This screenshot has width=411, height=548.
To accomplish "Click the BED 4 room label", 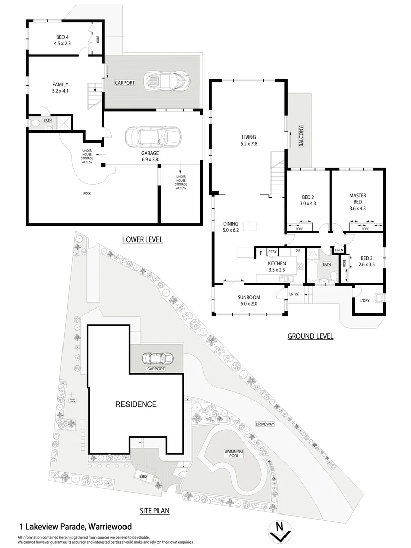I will point(62,40).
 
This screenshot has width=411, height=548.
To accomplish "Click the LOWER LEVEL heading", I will point(142,239).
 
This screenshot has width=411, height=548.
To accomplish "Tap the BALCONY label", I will point(301,136).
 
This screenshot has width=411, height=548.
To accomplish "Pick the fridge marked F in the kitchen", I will point(261,252).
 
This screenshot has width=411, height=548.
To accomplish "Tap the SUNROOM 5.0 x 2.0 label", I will point(248,301).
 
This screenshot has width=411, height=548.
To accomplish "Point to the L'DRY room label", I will point(365,301).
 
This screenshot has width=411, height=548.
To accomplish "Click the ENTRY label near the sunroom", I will point(294,294).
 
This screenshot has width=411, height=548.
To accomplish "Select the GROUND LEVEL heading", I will point(310,336).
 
